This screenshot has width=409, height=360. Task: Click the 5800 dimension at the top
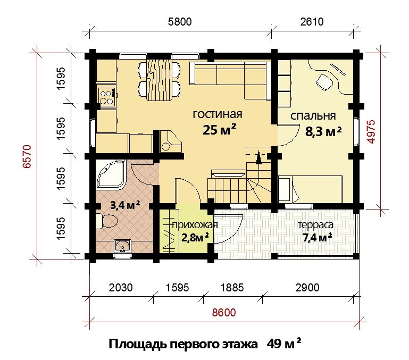click(x=180, y=22)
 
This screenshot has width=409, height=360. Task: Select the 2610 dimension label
click(x=312, y=22)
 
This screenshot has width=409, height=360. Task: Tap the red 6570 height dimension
click(x=27, y=156)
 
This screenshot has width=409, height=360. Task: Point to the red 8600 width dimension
click(x=224, y=312)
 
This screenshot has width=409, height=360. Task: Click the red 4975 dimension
click(x=371, y=131)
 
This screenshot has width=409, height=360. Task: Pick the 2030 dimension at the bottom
click(x=121, y=288)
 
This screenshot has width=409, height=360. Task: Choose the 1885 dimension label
click(x=232, y=288)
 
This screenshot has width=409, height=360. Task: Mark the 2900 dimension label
click(x=307, y=288)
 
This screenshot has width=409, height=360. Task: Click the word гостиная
click(x=218, y=114)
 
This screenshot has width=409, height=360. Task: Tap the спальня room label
click(x=313, y=116)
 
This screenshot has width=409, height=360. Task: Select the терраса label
click(x=315, y=224)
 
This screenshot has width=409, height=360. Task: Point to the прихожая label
click(x=195, y=224)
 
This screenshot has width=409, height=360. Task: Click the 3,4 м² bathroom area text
click(x=125, y=205)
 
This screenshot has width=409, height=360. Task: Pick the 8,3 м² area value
click(x=323, y=132)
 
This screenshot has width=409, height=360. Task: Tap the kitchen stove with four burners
click(x=106, y=97)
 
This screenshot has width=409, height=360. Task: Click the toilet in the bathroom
click(x=106, y=221)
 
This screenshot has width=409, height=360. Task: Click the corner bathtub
click(x=110, y=174)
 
